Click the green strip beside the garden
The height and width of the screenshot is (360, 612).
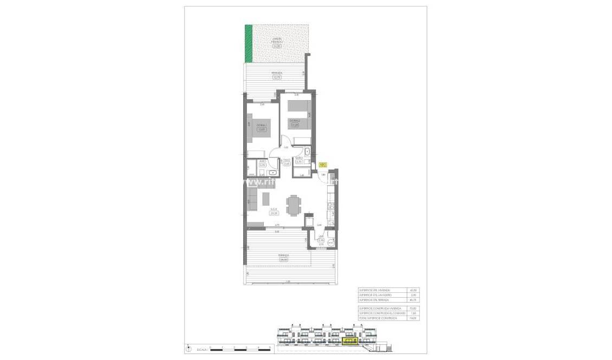point(249,44)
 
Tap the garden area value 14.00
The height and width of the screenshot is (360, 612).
point(277,47)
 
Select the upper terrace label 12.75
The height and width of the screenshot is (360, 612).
point(277,77)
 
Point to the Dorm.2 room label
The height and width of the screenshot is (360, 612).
point(295,120)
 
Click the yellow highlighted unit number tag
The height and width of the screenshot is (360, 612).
point(323,165)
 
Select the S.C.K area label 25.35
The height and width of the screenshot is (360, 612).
point(274,213)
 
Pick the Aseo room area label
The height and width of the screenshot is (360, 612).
point(262,165)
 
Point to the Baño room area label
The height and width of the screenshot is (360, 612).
point(299,161)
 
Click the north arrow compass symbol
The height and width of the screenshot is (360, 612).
point(188,348)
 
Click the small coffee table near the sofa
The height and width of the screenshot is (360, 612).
point(265,199)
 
